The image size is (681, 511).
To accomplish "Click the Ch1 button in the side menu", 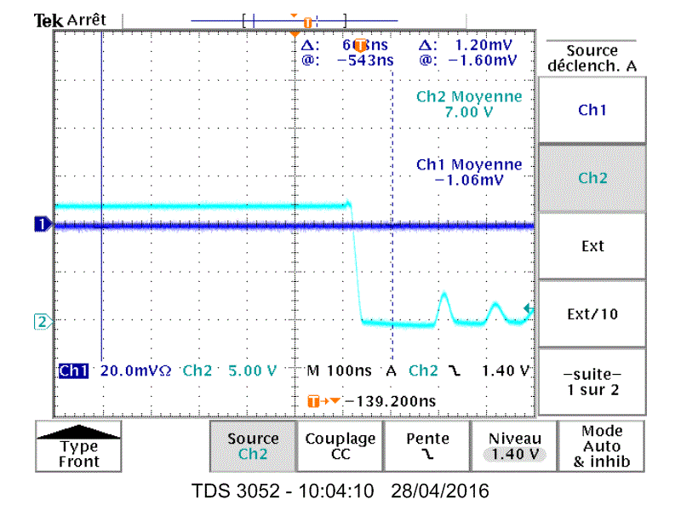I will (592, 110).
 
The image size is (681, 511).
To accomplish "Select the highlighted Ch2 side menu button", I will (592, 178).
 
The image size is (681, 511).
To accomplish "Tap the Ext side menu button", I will (592, 246).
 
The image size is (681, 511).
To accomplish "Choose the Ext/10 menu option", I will (592, 314).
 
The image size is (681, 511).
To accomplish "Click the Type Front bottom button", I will (79, 446).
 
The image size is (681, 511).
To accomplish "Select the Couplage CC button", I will (340, 446).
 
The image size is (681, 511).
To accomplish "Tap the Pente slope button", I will (427, 446).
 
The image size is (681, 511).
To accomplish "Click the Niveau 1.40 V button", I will (514, 446).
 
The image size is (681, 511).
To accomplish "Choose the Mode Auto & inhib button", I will (602, 446).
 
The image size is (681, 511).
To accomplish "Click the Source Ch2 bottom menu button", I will (253, 446).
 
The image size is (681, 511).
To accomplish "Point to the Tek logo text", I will (44, 20).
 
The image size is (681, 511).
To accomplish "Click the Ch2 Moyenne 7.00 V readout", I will (468, 105).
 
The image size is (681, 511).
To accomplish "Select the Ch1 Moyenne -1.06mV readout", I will (468, 172).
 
